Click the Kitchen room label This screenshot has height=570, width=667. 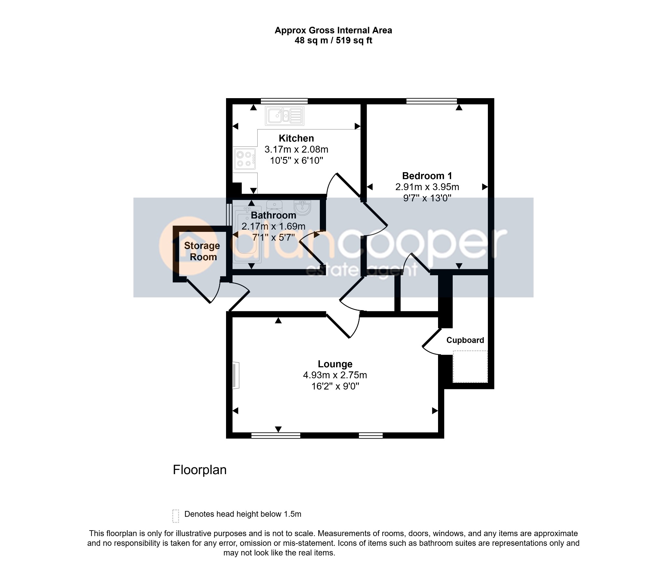coord(296,138)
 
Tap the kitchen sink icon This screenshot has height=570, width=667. coord(285,116)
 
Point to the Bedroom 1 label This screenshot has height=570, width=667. coord(427,176)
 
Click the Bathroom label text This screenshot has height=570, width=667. coord(274,215)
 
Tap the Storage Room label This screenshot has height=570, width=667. coord(202,251)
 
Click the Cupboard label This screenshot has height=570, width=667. coord(465,340)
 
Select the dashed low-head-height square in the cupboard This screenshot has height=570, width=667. coord(470,366)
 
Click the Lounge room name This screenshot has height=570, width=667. coord(335,364)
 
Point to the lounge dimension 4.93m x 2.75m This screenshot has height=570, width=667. coord(335,375)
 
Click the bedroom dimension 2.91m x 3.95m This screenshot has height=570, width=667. coord(427,187)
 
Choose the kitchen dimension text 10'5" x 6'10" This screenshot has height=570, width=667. coord(296,160)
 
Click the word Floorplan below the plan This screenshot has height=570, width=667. coord(200,470)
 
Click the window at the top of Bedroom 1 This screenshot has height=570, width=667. coord(432,101)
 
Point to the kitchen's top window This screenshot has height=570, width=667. coord(284,101)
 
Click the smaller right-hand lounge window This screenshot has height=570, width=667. coord(371,435)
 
